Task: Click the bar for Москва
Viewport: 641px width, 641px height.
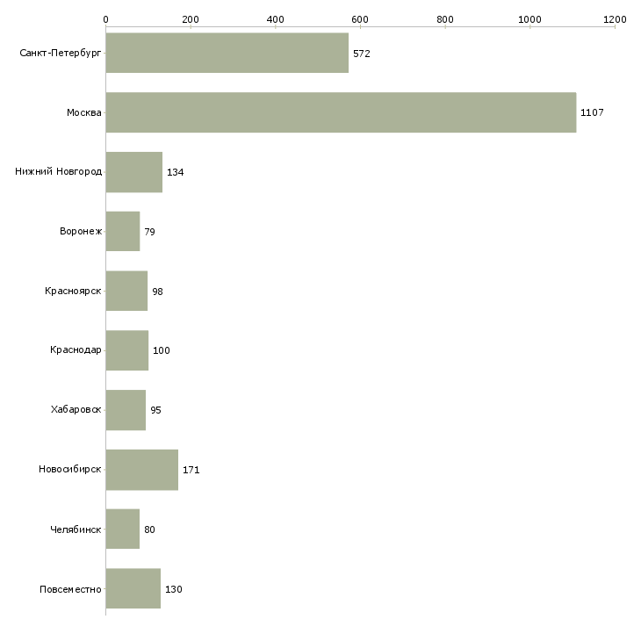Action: (x=341, y=112)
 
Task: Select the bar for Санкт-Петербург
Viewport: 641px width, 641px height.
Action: (x=227, y=53)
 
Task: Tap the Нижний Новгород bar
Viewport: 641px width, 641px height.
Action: (x=133, y=172)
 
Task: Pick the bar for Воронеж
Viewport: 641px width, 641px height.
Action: (x=122, y=232)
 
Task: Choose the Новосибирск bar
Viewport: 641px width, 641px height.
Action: (x=141, y=470)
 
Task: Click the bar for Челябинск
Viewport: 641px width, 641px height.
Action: (x=122, y=529)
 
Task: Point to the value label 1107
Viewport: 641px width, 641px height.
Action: (x=592, y=112)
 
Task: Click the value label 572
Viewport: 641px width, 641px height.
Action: (x=362, y=54)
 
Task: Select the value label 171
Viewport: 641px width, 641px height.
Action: (x=191, y=470)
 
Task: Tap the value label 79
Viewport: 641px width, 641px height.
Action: (x=150, y=232)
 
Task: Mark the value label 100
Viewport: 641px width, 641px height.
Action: (x=162, y=350)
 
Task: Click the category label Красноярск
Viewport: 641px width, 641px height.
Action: (x=74, y=291)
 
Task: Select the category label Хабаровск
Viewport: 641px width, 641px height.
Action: (x=76, y=410)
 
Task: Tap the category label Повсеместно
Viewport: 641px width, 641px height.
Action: (x=71, y=589)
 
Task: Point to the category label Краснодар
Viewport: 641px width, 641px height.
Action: (x=76, y=350)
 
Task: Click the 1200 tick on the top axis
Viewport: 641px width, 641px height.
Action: (x=615, y=18)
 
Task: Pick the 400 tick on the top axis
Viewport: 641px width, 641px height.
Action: (x=275, y=18)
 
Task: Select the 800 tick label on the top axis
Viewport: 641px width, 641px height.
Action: (x=445, y=18)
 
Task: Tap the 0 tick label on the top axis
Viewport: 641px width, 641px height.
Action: (x=105, y=18)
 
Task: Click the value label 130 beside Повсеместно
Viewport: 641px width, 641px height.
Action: (x=174, y=589)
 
